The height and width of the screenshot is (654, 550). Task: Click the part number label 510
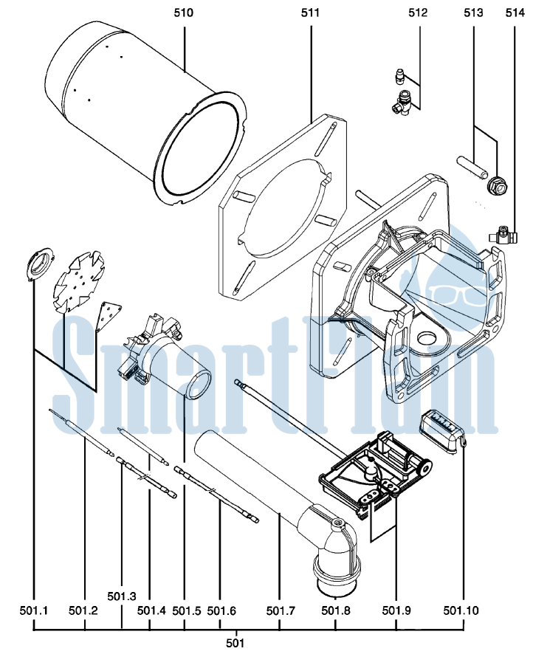(x=184, y=13)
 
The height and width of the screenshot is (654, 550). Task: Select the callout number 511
(x=310, y=13)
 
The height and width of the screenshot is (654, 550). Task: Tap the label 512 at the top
(x=418, y=13)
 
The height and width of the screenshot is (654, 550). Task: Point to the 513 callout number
(x=473, y=13)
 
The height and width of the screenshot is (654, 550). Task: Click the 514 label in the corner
(x=515, y=13)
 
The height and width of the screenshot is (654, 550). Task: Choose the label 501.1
(x=34, y=611)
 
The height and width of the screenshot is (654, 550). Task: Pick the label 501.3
(x=121, y=596)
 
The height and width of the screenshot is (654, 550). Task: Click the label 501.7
(x=281, y=611)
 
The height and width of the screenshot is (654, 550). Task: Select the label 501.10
(x=461, y=611)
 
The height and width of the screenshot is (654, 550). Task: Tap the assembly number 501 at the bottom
(x=235, y=643)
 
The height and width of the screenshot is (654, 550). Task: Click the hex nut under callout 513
(x=497, y=185)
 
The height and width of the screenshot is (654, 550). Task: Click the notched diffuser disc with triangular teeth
(x=79, y=282)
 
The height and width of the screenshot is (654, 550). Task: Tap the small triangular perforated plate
(x=109, y=316)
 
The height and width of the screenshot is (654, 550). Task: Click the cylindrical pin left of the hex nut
(x=472, y=167)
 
